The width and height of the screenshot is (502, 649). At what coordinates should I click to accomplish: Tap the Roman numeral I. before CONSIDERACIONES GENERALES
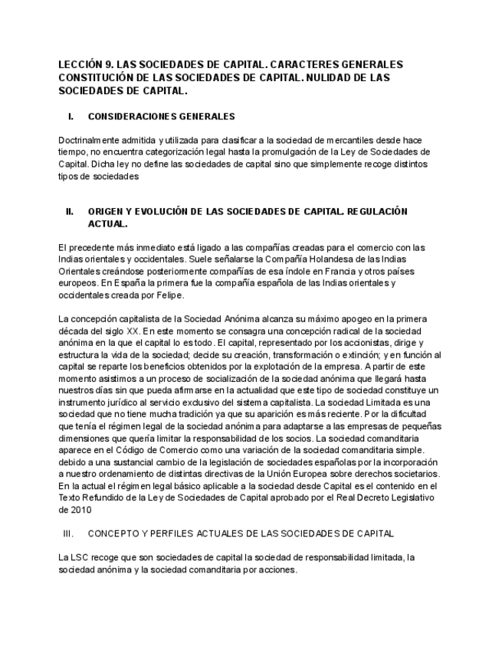(x=71, y=117)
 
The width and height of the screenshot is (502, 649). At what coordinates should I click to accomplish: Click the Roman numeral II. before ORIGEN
(x=69, y=212)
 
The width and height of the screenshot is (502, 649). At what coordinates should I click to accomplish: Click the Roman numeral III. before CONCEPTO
(x=70, y=533)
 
